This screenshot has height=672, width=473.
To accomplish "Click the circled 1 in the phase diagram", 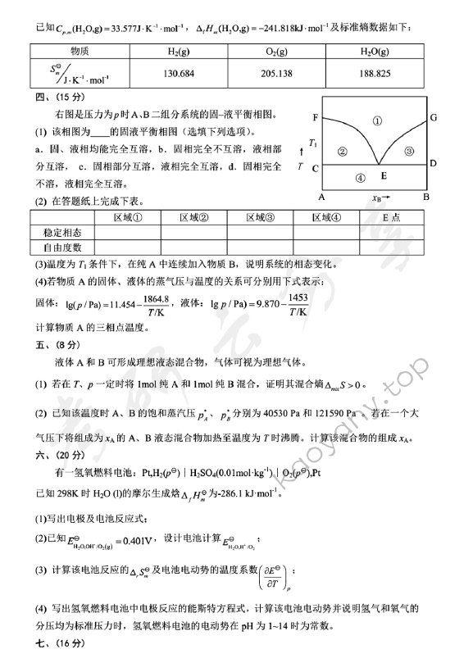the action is coord(376,120).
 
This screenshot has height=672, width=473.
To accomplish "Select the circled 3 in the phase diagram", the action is coord(411,151).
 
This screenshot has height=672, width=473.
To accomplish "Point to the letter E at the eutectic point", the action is coord(382,175).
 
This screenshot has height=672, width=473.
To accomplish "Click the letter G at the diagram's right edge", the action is coord(433,118).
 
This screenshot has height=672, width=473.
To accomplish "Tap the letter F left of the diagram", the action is coord(316,118).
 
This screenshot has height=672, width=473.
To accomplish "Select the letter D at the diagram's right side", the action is coord(432,163).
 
